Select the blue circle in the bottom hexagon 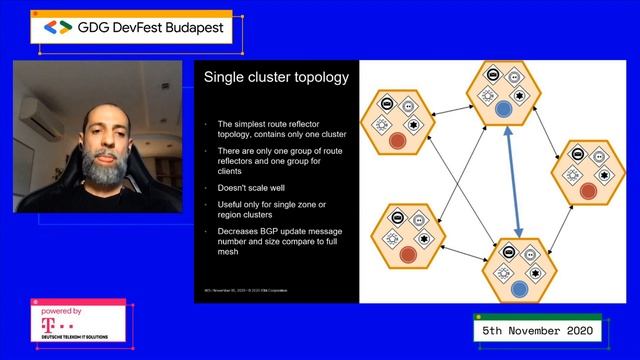point(517,288)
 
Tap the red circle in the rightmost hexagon point(590,187)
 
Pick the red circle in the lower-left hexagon point(407,255)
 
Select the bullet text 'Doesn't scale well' point(249,187)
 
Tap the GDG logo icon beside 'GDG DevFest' point(60,29)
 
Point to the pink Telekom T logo point(47,322)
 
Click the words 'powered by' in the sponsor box point(62,309)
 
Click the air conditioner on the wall point(25,104)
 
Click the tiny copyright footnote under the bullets point(244,292)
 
